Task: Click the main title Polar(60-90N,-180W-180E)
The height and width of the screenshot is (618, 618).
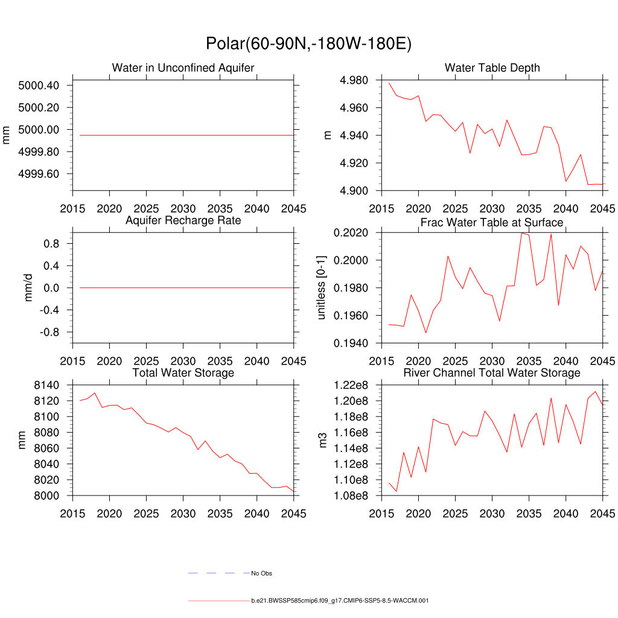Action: pos(308,44)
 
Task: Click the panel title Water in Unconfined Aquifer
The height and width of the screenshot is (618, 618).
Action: pos(183,68)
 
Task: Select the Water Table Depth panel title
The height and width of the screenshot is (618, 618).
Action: pos(492,68)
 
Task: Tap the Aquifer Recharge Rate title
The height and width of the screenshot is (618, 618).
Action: pos(183,220)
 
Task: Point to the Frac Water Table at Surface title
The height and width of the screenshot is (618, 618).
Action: pos(492,223)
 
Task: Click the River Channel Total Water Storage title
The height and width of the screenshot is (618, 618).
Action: pos(492,373)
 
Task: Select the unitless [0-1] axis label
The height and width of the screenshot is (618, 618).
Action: pos(321,288)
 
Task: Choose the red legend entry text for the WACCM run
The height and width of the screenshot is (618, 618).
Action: pos(340,601)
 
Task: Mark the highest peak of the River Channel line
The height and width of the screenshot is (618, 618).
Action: pos(595,392)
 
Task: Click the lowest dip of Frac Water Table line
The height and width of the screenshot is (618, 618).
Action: pos(425,333)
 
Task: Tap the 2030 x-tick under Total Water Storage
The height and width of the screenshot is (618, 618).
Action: pos(183,514)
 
